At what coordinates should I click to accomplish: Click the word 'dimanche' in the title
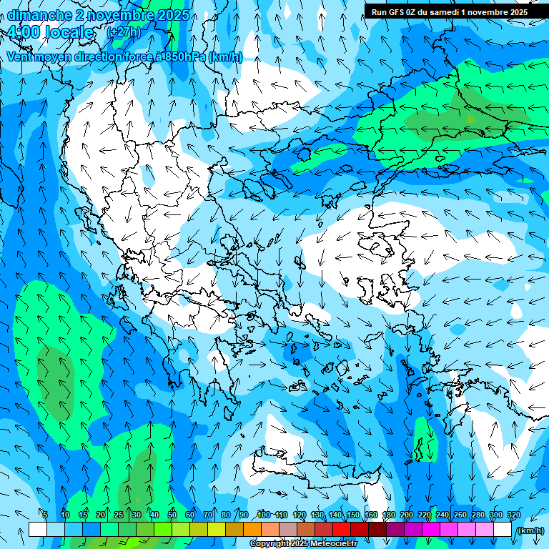coord(39,15)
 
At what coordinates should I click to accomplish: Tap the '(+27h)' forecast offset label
coord(124,32)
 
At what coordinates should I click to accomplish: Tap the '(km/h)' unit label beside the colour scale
coord(530,530)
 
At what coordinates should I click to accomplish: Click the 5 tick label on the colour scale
coord(45,515)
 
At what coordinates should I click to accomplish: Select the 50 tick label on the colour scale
coord(172,515)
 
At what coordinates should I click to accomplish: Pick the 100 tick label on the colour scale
coord(264,515)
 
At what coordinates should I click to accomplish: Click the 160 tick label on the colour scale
coord(371,515)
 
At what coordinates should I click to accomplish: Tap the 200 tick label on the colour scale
coord(407,515)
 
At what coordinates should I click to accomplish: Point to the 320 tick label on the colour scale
coord(513,515)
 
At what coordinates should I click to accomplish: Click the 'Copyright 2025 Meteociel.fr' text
coord(303,544)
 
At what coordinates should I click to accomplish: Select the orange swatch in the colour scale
coord(252,529)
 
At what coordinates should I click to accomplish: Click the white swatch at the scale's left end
coord(38,529)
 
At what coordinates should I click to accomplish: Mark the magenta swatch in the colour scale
coord(431,529)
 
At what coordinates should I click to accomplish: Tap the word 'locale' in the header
coord(69,32)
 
